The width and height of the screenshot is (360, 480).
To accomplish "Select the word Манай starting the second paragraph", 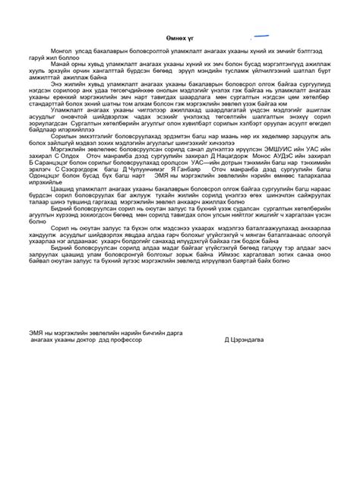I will [x=58, y=66].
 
